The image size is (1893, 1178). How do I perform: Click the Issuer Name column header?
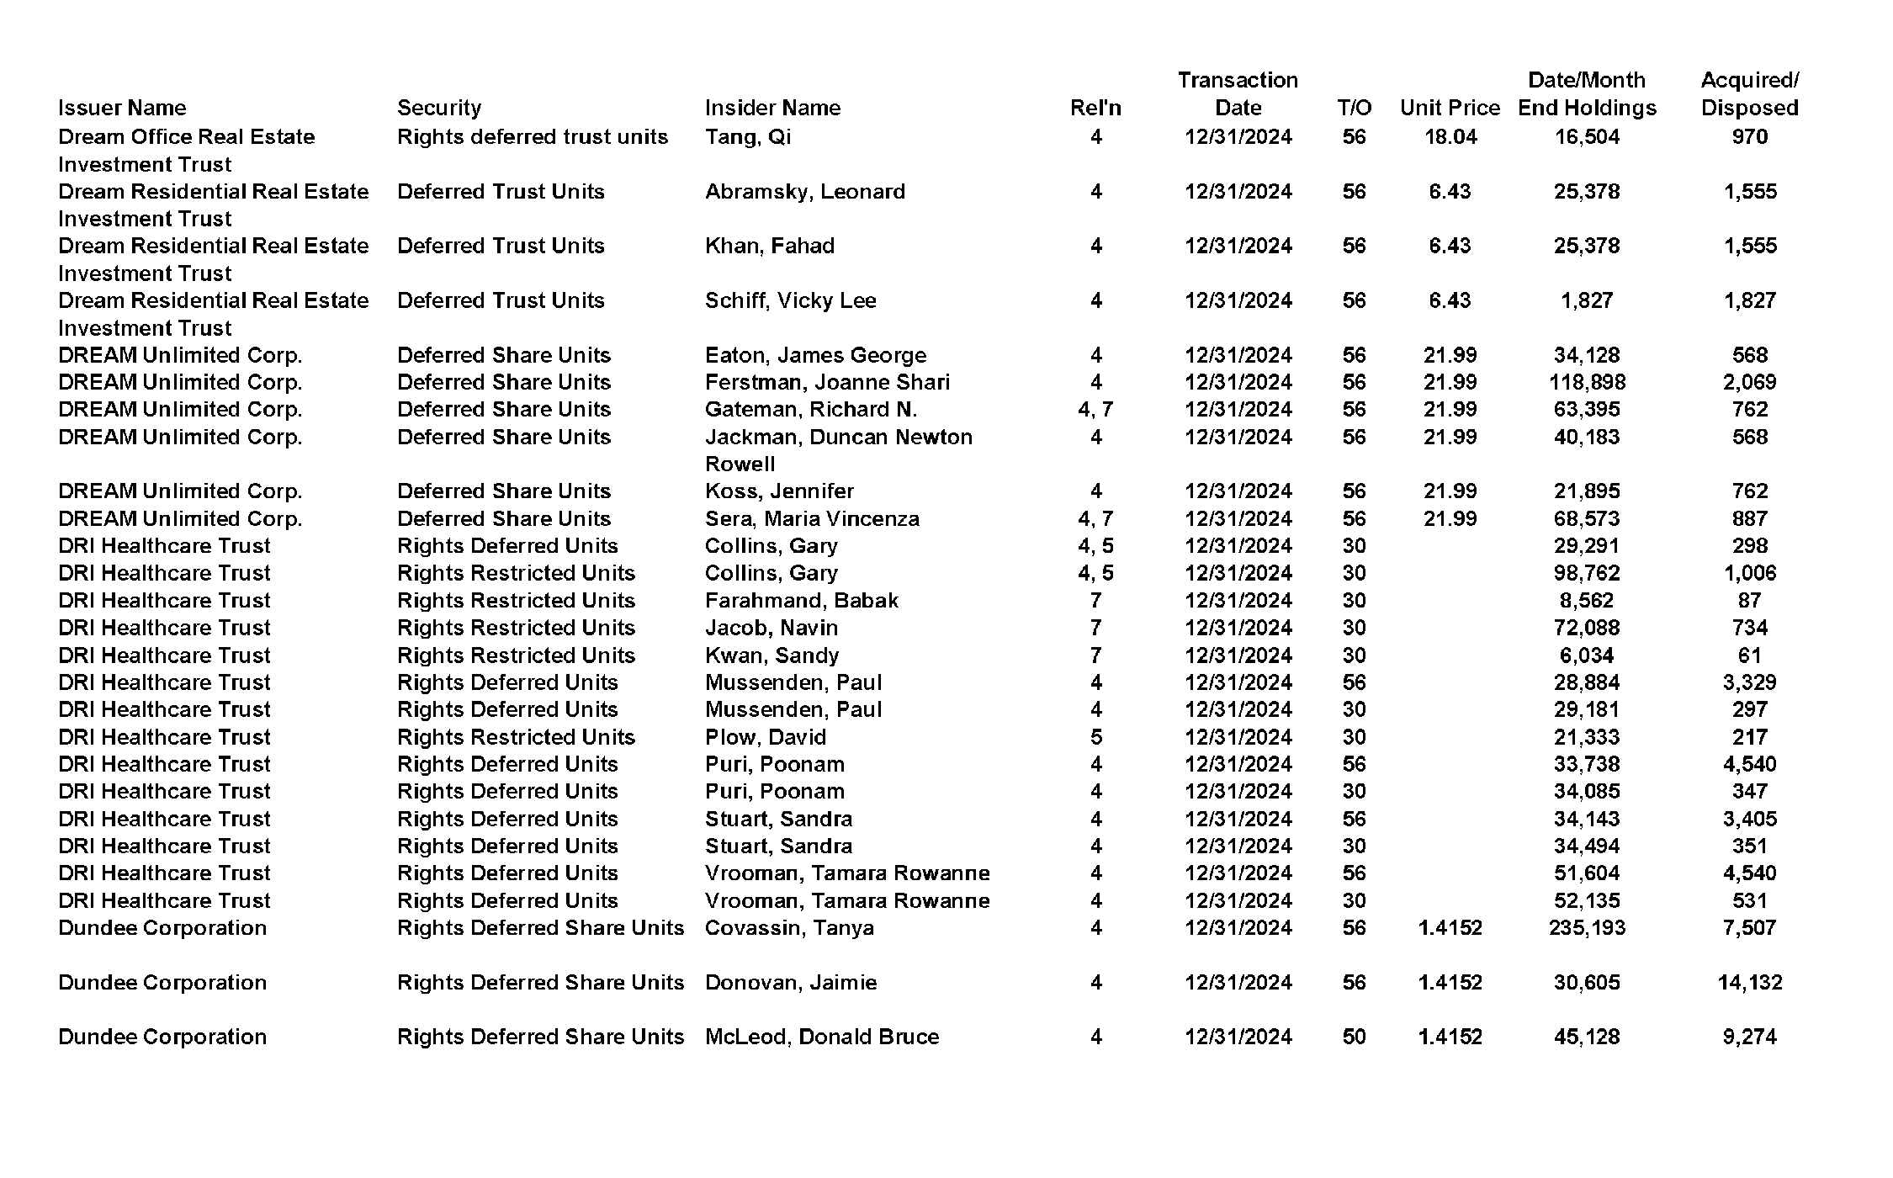(x=122, y=108)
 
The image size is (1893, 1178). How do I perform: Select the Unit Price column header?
(x=1450, y=108)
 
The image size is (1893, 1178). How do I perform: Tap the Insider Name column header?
(x=772, y=108)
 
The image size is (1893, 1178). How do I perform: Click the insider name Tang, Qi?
(x=748, y=136)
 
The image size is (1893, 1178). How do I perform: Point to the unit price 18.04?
(x=1450, y=136)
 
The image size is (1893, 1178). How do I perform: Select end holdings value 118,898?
(x=1587, y=382)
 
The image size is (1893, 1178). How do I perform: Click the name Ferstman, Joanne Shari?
(x=827, y=382)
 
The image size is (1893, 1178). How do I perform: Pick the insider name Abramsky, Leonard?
(x=804, y=191)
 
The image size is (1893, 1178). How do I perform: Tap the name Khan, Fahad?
(x=770, y=246)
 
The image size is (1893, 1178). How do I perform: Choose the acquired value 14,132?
(x=1749, y=982)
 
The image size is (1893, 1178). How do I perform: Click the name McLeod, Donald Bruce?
(x=822, y=1037)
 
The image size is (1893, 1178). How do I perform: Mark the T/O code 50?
(x=1354, y=1037)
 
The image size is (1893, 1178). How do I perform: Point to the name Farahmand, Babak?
(x=801, y=600)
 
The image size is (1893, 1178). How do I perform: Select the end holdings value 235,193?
(x=1587, y=927)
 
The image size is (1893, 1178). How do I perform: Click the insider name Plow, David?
(x=766, y=737)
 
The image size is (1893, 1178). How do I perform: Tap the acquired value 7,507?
(x=1749, y=927)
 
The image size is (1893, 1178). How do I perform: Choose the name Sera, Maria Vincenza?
(x=812, y=518)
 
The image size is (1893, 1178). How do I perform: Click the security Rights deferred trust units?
(x=532, y=136)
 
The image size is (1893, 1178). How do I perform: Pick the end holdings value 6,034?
(x=1587, y=655)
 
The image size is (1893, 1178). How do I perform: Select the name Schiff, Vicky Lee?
(x=790, y=300)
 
